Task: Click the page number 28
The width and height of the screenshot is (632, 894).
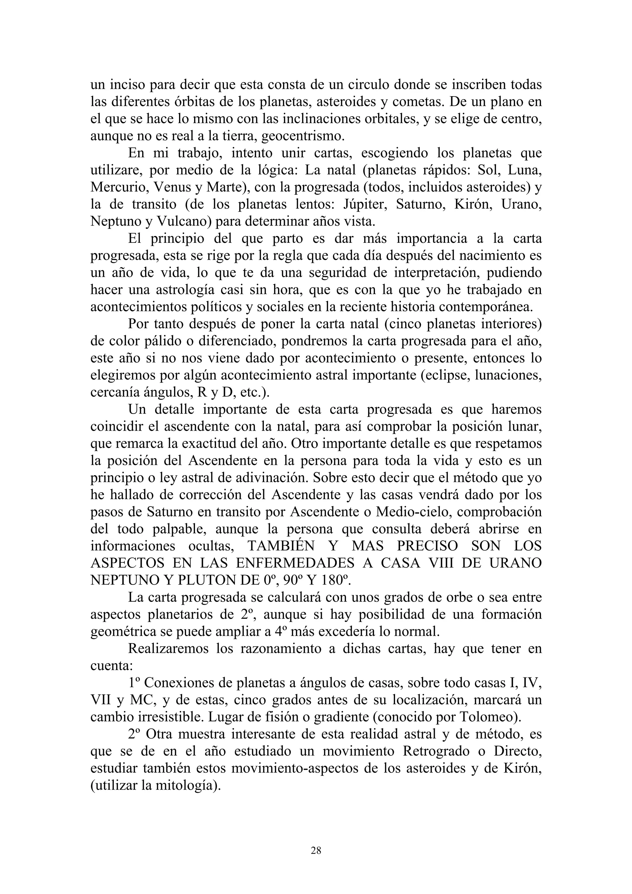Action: pos(316,851)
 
